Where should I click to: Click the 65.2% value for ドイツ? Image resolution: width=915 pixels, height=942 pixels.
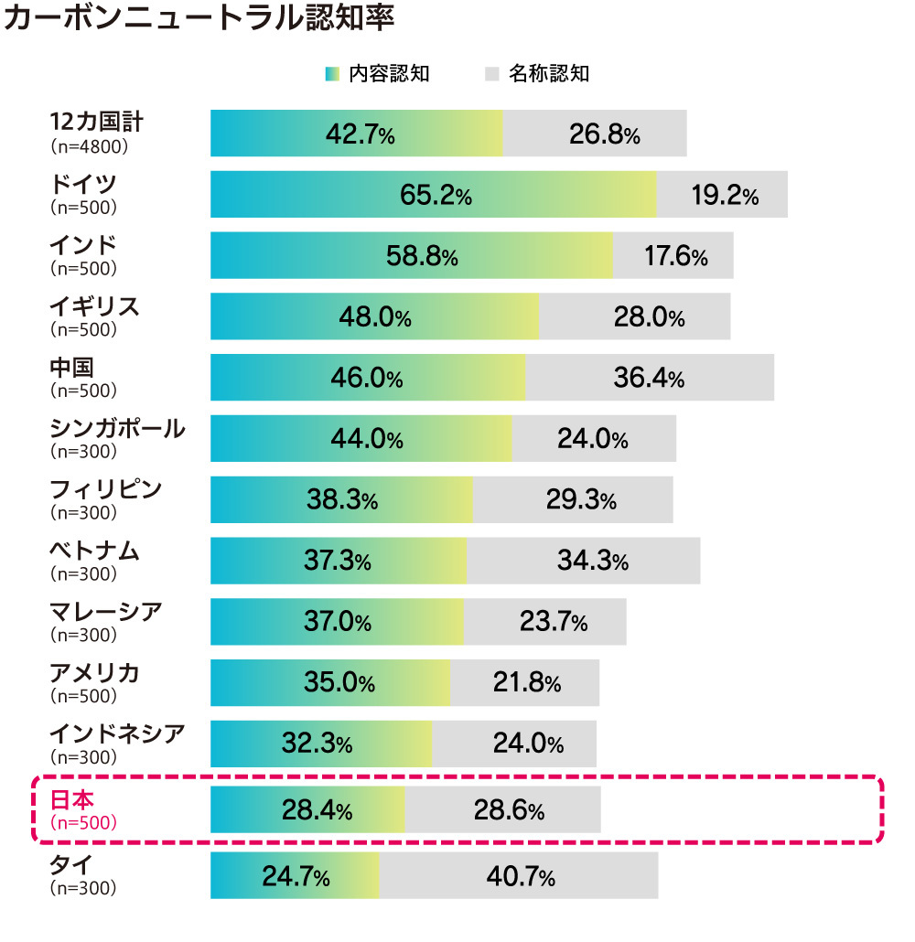pos(436,195)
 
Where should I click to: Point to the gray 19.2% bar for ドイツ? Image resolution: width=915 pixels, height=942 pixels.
pos(723,195)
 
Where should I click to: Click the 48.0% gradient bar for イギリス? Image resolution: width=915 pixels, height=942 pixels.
pos(374,316)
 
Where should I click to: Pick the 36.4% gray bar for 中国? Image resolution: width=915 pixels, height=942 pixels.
pos(649,378)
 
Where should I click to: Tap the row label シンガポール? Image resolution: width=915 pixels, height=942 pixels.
pos(117,428)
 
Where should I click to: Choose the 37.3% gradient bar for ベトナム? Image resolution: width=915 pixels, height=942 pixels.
pos(338,561)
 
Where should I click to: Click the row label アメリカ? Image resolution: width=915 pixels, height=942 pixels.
pos(94,673)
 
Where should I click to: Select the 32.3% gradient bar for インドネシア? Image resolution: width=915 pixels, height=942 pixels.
pos(320,744)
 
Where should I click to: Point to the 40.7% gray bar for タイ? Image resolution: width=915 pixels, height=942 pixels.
pos(519,876)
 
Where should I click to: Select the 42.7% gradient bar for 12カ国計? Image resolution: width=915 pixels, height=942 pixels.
pos(357,134)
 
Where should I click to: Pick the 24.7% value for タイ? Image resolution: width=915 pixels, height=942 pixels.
pos(296,877)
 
